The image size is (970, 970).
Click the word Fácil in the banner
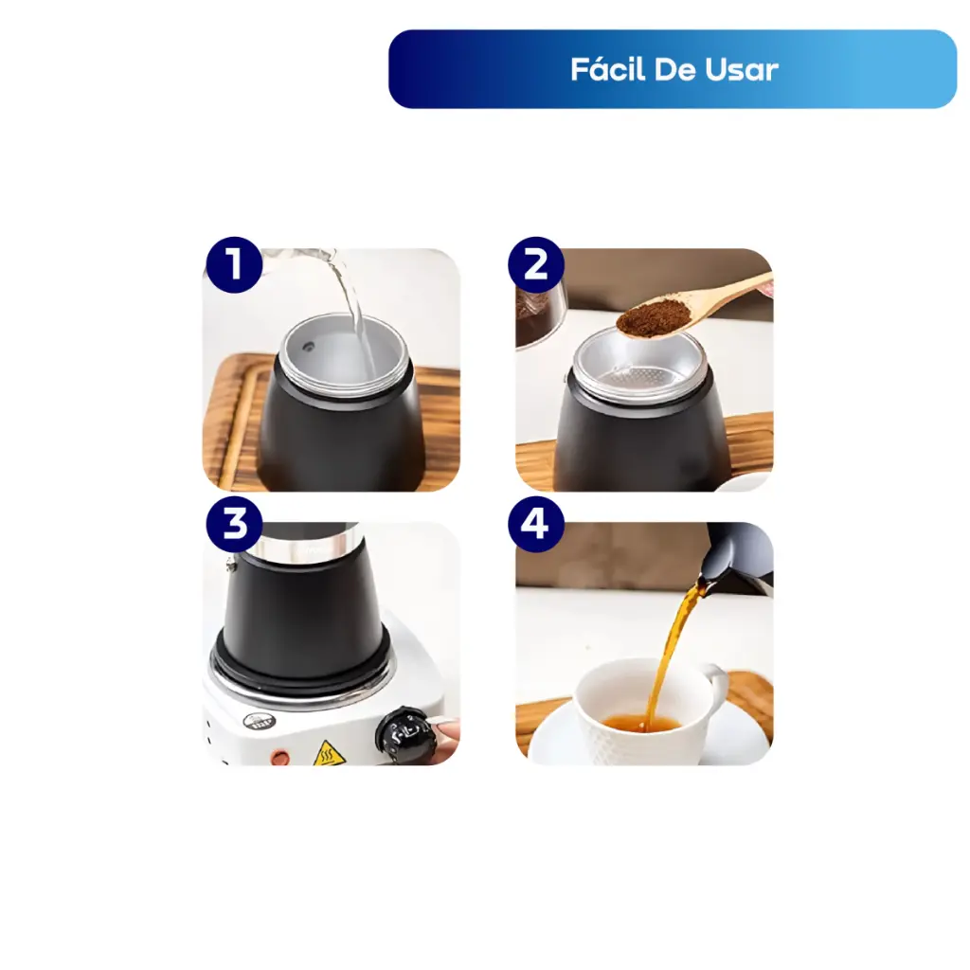tap(608, 68)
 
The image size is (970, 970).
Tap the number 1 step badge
tap(235, 265)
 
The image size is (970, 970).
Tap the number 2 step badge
tap(536, 265)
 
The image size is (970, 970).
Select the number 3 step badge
tap(235, 523)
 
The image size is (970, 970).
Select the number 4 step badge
tap(536, 523)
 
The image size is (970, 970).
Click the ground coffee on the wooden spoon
tap(655, 317)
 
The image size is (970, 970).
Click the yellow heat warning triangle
tap(326, 753)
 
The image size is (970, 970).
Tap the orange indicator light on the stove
tap(280, 756)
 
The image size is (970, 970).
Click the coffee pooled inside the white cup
tap(641, 723)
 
